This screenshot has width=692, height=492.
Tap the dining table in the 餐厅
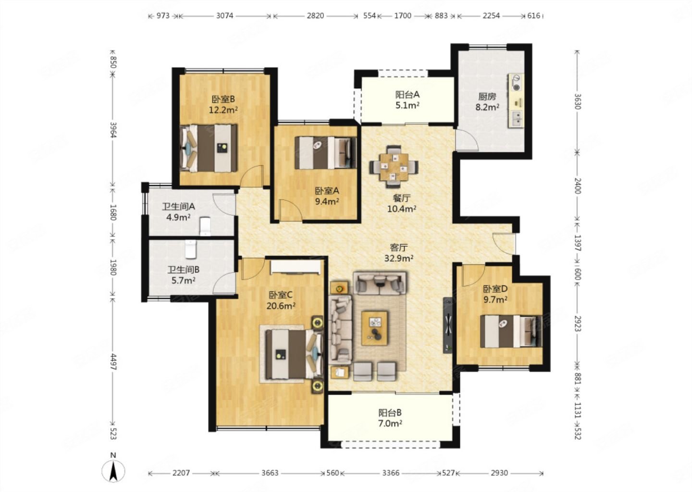[394, 166]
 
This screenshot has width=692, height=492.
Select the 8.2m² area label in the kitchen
[487, 107]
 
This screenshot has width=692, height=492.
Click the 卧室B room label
[223, 99]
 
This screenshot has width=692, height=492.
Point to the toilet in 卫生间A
[205, 226]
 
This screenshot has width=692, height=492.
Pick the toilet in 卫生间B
[191, 249]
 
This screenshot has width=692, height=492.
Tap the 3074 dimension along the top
[224, 15]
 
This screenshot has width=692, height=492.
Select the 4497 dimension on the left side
[113, 362]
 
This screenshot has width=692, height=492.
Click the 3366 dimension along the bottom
[391, 473]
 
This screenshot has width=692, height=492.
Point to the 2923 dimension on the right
[578, 323]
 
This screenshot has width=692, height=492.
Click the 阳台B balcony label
[390, 413]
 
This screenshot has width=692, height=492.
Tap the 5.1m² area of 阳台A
[407, 106]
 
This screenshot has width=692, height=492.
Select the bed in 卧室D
[511, 332]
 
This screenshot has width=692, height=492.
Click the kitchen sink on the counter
[516, 119]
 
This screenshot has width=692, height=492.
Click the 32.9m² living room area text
[399, 258]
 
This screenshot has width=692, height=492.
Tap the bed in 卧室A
[326, 153]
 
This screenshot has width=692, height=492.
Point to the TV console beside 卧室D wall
[448, 325]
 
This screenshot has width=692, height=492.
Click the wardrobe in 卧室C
[296, 268]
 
